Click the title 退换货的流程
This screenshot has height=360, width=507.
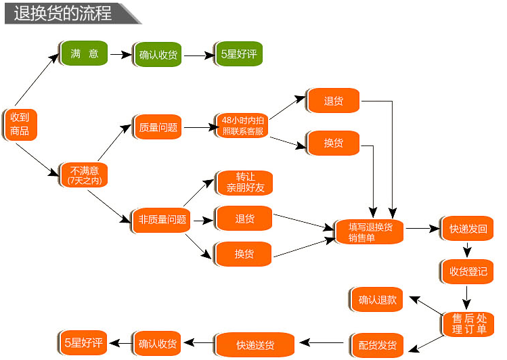63,14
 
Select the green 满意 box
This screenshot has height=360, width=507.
84,53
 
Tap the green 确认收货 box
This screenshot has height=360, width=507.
158,55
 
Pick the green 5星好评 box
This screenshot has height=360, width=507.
239,54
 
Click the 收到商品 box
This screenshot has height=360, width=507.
20,125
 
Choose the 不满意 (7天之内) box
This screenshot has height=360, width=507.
84,175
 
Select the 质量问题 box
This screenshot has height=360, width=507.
158,127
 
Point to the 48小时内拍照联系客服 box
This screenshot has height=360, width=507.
242,126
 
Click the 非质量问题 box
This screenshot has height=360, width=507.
161,221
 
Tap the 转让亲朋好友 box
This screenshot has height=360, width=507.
245,183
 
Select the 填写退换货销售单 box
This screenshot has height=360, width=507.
370,232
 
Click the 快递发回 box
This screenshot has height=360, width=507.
468,229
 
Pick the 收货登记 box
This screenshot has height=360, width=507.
468,272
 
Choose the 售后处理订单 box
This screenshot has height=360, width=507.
468,324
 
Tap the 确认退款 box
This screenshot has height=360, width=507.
376,300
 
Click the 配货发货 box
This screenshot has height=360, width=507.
377,346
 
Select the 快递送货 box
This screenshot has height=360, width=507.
255,345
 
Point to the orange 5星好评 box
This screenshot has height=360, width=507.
83,343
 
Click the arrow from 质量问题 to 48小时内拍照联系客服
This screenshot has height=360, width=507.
200,127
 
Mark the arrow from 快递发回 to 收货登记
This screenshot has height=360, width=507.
467,250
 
